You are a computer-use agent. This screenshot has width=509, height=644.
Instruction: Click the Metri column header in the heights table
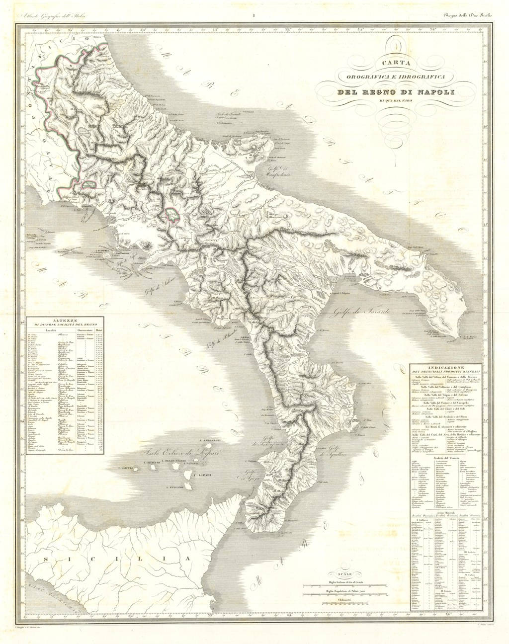99,329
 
